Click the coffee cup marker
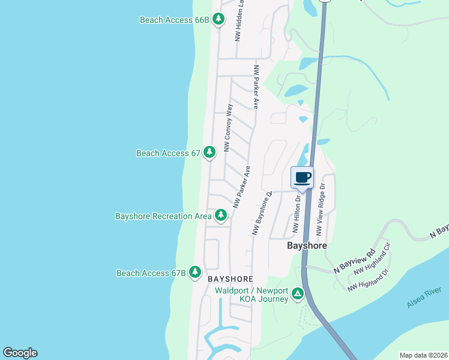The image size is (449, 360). click(x=302, y=178)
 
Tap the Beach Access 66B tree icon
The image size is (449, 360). click(x=219, y=20)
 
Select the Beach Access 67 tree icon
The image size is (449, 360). click(x=209, y=153)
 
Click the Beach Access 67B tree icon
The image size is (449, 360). click(x=195, y=273)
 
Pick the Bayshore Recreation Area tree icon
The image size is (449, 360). click(x=221, y=215)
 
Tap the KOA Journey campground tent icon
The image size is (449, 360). click(x=298, y=294)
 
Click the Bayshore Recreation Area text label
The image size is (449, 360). click(x=163, y=216)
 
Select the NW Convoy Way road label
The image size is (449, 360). click(x=228, y=128)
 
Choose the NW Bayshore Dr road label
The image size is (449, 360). click(x=263, y=212)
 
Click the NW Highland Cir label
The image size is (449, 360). click(x=372, y=259)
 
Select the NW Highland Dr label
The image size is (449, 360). click(x=369, y=280)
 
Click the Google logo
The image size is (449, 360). click(x=20, y=353)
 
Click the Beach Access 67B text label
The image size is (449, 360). click(x=151, y=274)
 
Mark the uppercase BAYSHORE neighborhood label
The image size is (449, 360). click(x=231, y=279)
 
